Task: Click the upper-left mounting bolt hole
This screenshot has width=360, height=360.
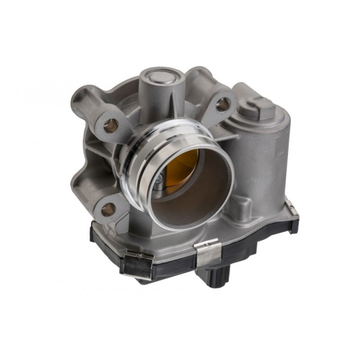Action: (x=111, y=124)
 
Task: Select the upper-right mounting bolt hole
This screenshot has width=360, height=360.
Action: (x=223, y=104)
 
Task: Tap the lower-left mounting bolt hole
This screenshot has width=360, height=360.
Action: (x=108, y=209)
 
